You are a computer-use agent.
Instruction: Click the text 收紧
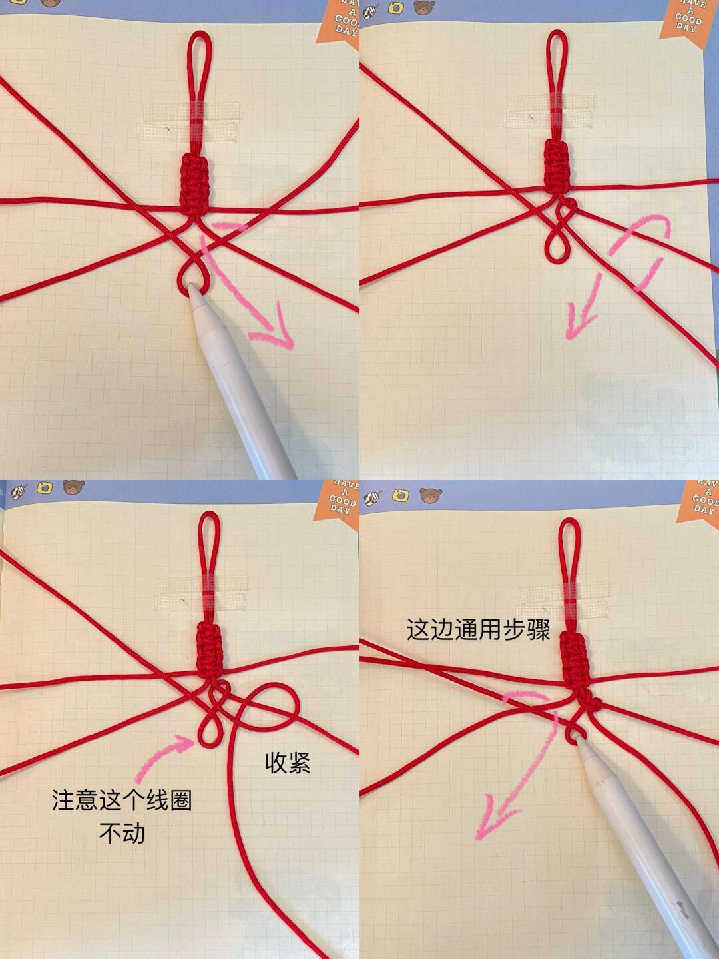pyautogui.click(x=288, y=763)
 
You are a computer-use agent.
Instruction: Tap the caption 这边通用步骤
pyautogui.click(x=478, y=629)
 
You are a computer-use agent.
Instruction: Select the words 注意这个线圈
pyautogui.click(x=122, y=800)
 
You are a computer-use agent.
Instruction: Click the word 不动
pyautogui.click(x=122, y=833)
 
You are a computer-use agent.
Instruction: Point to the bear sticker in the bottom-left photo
pyautogui.click(x=73, y=487)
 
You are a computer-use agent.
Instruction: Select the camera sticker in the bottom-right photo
pyautogui.click(x=400, y=495)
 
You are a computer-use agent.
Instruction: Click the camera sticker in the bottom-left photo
pyautogui.click(x=45, y=487)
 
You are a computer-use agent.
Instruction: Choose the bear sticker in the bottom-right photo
pyautogui.click(x=431, y=495)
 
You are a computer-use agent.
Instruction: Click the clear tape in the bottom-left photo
pyautogui.click(x=202, y=592)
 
